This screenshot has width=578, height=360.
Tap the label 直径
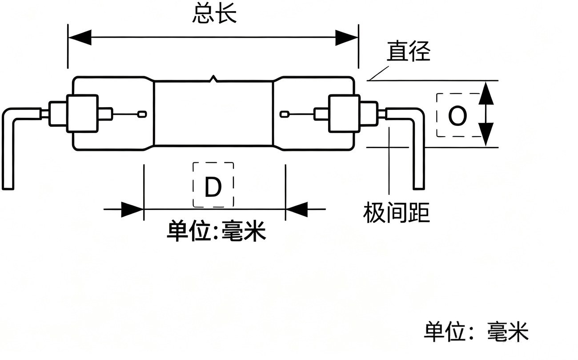coord(409,51)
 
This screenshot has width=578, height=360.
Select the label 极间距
coord(396,213)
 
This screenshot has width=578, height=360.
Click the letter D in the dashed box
coord(213,187)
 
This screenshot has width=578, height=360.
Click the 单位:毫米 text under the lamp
coord(216,231)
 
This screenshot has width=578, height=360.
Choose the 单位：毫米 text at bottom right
coord(476,332)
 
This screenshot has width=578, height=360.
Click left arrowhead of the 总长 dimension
coord(80,37)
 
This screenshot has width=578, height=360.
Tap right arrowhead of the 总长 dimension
coord(347,38)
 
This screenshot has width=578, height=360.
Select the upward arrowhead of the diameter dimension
coord(486,93)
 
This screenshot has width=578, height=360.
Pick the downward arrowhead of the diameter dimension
coord(486,134)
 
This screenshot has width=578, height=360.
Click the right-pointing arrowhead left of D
coord(132,210)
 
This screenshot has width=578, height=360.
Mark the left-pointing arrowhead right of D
coord(297,210)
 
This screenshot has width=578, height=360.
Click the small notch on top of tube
coord(213,78)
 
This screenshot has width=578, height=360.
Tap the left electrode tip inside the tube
coord(142,114)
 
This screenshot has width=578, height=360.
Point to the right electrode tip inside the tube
coord(285,114)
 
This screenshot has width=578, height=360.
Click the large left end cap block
coord(82,113)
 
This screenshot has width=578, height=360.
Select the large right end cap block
coord(344,113)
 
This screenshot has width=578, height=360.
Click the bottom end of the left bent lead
coord(8,188)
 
